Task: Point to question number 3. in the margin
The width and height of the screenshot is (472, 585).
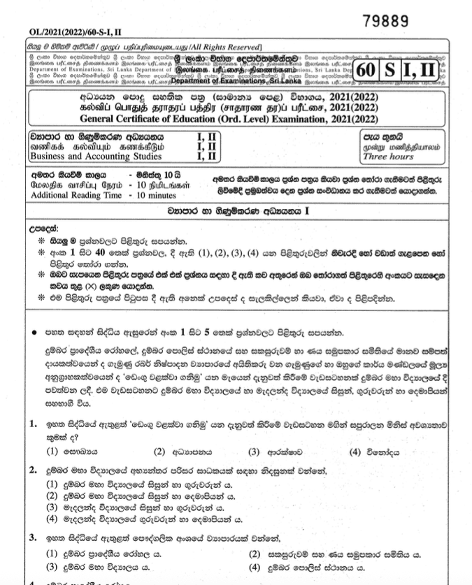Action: [34, 537]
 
